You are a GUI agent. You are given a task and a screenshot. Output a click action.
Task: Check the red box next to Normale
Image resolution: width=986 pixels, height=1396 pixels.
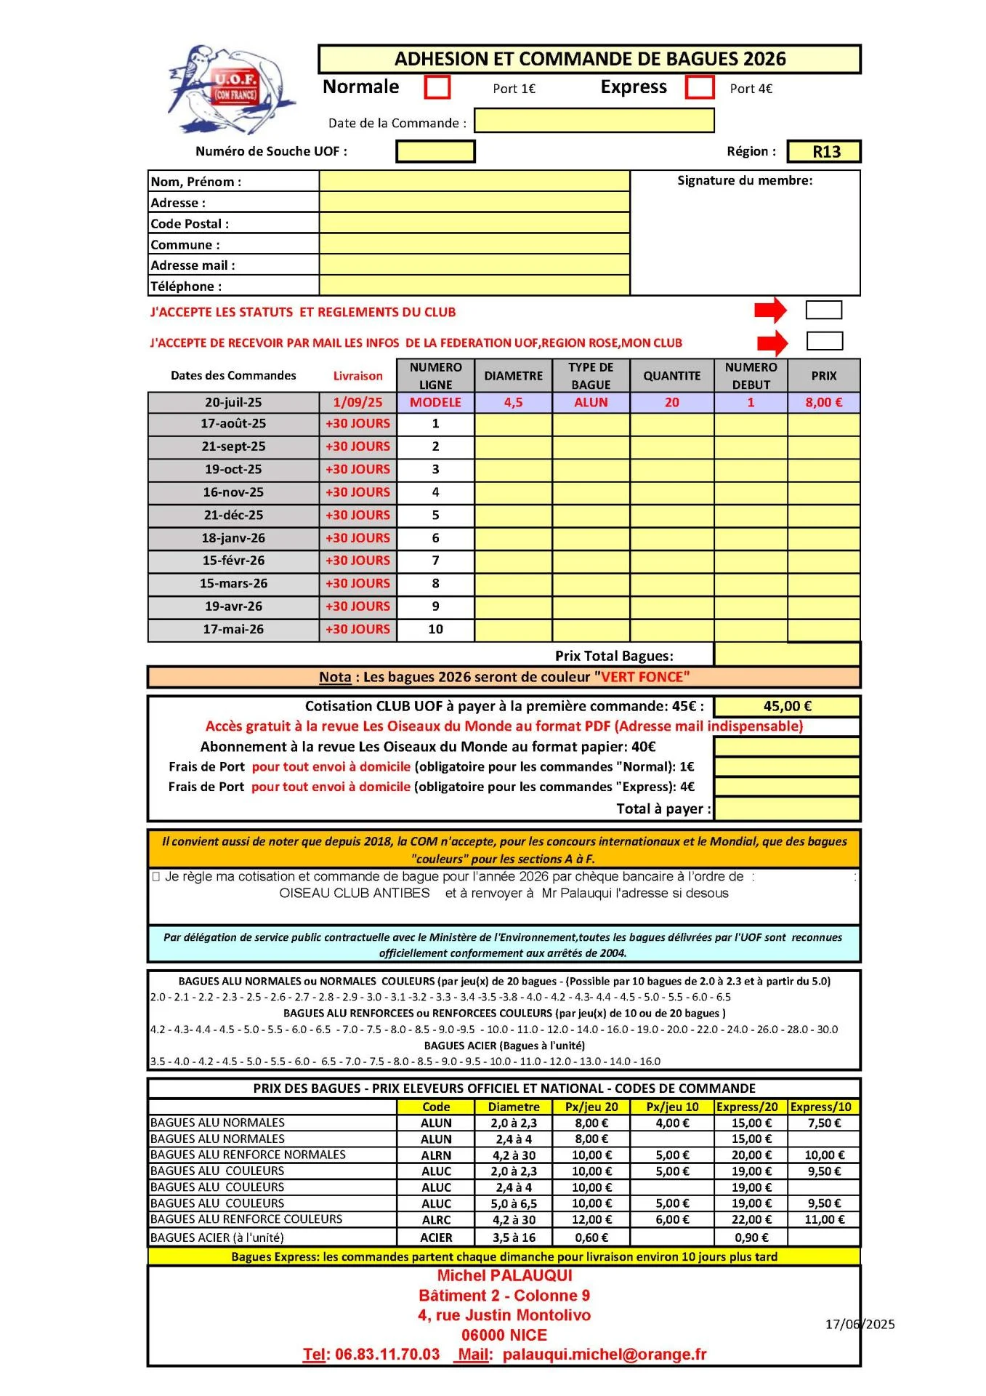click(x=437, y=87)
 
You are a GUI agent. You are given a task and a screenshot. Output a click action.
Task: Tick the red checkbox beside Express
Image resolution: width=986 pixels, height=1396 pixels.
click(x=700, y=87)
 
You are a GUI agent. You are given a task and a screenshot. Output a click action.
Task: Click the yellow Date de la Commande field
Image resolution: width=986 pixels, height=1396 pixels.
click(x=594, y=121)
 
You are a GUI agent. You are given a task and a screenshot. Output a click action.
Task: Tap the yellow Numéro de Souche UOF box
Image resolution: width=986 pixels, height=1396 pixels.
click(x=435, y=151)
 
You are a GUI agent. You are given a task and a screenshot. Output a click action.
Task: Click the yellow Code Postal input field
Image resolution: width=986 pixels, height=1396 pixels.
click(x=474, y=223)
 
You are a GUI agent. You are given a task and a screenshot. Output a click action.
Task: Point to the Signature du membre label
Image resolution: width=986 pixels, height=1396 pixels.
click(x=745, y=180)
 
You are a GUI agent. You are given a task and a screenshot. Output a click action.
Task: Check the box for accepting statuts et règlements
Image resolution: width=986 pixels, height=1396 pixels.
click(x=823, y=310)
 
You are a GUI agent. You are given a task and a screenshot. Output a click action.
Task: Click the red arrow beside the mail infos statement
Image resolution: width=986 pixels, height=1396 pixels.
click(x=772, y=342)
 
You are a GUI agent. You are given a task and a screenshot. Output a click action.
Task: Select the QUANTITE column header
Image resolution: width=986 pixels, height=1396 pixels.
click(x=671, y=376)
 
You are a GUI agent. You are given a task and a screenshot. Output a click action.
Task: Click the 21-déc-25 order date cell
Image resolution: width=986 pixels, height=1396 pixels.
click(x=233, y=515)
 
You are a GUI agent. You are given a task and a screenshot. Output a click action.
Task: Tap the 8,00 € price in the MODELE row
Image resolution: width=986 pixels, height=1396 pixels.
click(x=823, y=402)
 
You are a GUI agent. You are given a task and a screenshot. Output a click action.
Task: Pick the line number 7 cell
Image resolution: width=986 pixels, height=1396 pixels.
click(x=435, y=561)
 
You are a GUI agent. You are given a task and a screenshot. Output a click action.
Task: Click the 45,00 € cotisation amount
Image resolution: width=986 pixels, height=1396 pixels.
click(x=787, y=706)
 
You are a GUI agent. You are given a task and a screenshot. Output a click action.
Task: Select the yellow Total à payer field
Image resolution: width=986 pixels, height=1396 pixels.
click(x=787, y=809)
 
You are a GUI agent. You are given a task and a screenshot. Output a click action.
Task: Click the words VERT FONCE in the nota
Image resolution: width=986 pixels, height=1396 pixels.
click(x=642, y=677)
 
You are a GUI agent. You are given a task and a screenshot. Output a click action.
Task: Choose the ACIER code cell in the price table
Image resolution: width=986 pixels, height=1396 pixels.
click(x=436, y=1237)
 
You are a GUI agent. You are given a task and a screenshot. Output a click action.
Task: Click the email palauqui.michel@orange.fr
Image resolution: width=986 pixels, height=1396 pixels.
click(x=605, y=1355)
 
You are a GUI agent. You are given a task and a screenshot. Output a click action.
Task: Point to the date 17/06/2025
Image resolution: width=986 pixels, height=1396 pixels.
click(x=860, y=1324)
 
